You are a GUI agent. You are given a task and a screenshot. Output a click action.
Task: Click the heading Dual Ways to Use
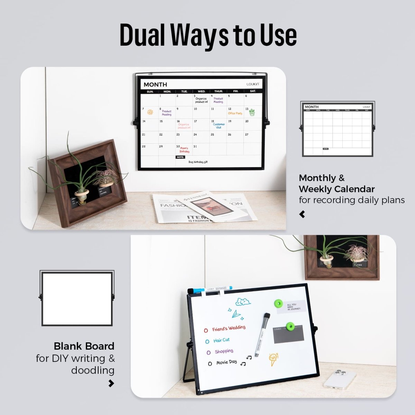[x=208, y=35]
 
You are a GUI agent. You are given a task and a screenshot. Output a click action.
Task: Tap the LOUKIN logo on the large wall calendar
[x=254, y=84]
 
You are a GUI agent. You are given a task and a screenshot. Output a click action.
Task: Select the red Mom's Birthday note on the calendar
[x=184, y=150]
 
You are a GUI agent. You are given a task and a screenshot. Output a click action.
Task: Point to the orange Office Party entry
[x=235, y=113]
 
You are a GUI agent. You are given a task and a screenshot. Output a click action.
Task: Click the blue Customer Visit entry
[x=219, y=126]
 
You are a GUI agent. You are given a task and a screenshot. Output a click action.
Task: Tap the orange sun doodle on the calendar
[x=150, y=112]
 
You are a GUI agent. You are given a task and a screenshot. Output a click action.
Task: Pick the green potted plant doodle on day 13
[x=252, y=112]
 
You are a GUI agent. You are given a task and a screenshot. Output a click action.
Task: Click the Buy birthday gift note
[x=198, y=162]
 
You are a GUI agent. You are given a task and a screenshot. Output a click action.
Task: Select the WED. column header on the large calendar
[x=201, y=91]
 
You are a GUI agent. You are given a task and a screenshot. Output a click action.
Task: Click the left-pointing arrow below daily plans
[x=302, y=214]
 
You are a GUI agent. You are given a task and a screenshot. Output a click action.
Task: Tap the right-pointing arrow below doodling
[x=111, y=383]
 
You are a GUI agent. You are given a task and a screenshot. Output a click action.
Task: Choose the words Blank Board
[x=84, y=346]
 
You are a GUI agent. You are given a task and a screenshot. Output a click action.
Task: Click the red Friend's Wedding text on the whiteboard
[x=229, y=328]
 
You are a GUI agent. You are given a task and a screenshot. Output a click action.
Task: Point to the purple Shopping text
[x=224, y=351]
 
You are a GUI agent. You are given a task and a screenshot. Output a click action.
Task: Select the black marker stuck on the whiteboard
[x=262, y=334]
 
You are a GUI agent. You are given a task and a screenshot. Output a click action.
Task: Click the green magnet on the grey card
[x=289, y=326]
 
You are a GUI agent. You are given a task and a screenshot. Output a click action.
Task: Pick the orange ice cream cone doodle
[x=273, y=359]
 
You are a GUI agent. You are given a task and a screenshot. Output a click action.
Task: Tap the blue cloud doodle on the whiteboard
[x=243, y=302]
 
